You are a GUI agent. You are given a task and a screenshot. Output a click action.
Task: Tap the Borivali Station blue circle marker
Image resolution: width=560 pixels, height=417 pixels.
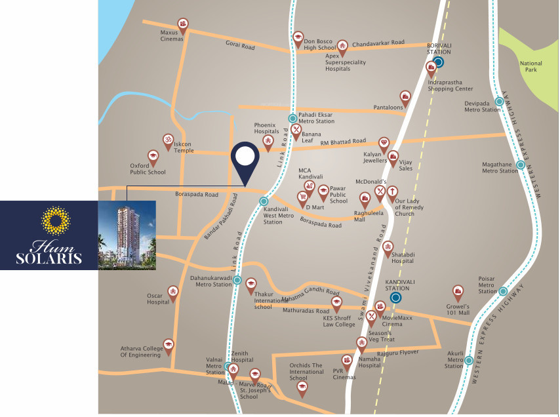439,62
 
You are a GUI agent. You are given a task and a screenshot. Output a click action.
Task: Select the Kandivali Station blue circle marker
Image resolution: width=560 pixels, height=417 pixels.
395,297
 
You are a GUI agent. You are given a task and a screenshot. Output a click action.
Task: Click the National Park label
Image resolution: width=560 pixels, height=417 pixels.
531,66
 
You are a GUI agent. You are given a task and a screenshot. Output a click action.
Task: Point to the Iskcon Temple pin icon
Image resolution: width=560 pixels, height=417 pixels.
168,140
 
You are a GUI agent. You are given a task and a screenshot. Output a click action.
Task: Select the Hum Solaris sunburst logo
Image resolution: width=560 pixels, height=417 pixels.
56,221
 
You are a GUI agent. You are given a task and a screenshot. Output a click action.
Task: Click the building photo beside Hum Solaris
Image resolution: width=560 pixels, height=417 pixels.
127,235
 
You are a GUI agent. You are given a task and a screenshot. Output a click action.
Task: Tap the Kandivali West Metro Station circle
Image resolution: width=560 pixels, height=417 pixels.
264,202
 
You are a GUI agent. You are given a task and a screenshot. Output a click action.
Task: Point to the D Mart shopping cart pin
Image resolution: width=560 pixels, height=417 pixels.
302,196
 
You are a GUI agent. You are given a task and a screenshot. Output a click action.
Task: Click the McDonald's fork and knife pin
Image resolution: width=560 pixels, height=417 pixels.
380,191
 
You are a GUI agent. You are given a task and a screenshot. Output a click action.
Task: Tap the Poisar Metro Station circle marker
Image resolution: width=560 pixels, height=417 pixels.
504,291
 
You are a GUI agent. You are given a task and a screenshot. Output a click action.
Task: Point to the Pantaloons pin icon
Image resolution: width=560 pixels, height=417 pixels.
406,97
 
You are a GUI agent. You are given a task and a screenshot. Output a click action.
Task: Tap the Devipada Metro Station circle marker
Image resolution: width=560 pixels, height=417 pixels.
499,102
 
